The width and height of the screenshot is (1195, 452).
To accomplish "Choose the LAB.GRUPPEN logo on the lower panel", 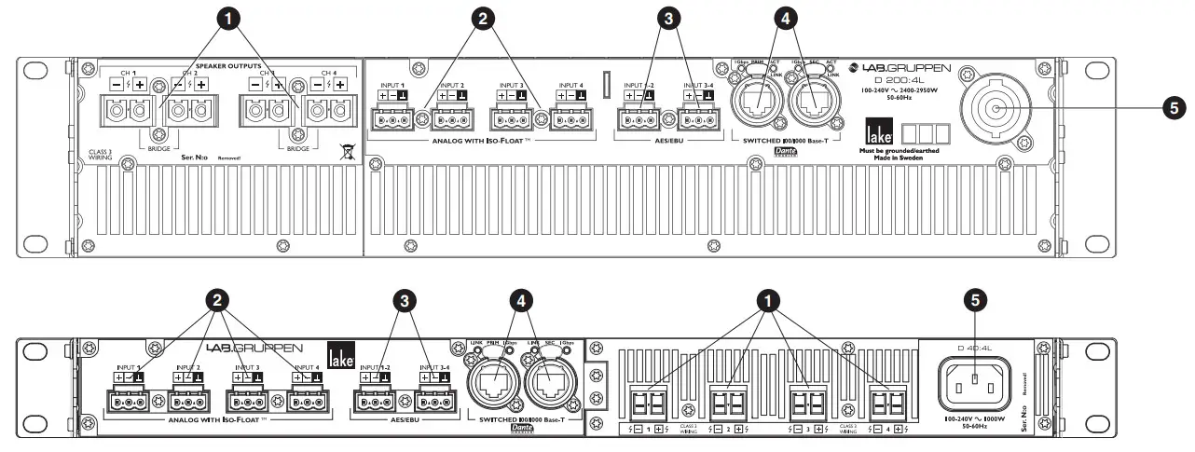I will point(240,349).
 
